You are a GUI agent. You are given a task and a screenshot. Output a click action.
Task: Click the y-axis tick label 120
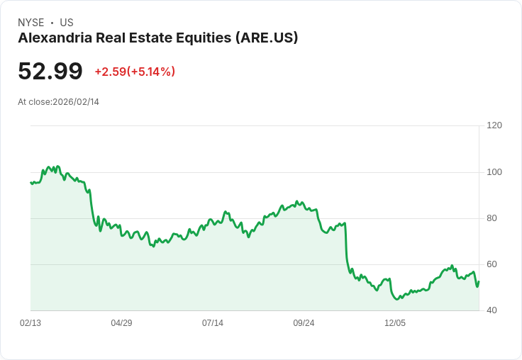(494, 125)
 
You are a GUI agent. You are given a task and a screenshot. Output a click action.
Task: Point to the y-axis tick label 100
(494, 172)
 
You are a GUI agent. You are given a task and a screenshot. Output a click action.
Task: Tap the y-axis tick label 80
(492, 218)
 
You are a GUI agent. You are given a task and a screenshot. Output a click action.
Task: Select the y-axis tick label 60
(492, 264)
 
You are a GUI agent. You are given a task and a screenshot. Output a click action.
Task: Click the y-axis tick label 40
(492, 310)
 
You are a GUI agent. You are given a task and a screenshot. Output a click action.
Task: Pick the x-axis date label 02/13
(30, 323)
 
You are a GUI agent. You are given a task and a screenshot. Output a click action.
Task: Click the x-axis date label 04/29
(121, 323)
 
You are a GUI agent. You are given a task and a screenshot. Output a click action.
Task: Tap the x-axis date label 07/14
(213, 323)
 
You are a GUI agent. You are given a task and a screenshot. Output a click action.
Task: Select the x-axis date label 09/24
(304, 323)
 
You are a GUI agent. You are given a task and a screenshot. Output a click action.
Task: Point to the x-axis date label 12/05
(395, 323)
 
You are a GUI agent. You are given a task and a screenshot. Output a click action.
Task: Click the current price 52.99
(50, 71)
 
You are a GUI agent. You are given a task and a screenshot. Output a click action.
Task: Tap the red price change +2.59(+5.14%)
(135, 72)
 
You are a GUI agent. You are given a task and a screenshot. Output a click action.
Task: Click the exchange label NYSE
(31, 23)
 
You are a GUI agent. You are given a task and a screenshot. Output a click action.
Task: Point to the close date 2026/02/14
(76, 102)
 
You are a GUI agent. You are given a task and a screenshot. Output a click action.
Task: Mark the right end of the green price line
(479, 282)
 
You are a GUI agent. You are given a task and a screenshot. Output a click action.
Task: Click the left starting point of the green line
(30, 183)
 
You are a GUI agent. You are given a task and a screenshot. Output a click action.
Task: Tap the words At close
(33, 102)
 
